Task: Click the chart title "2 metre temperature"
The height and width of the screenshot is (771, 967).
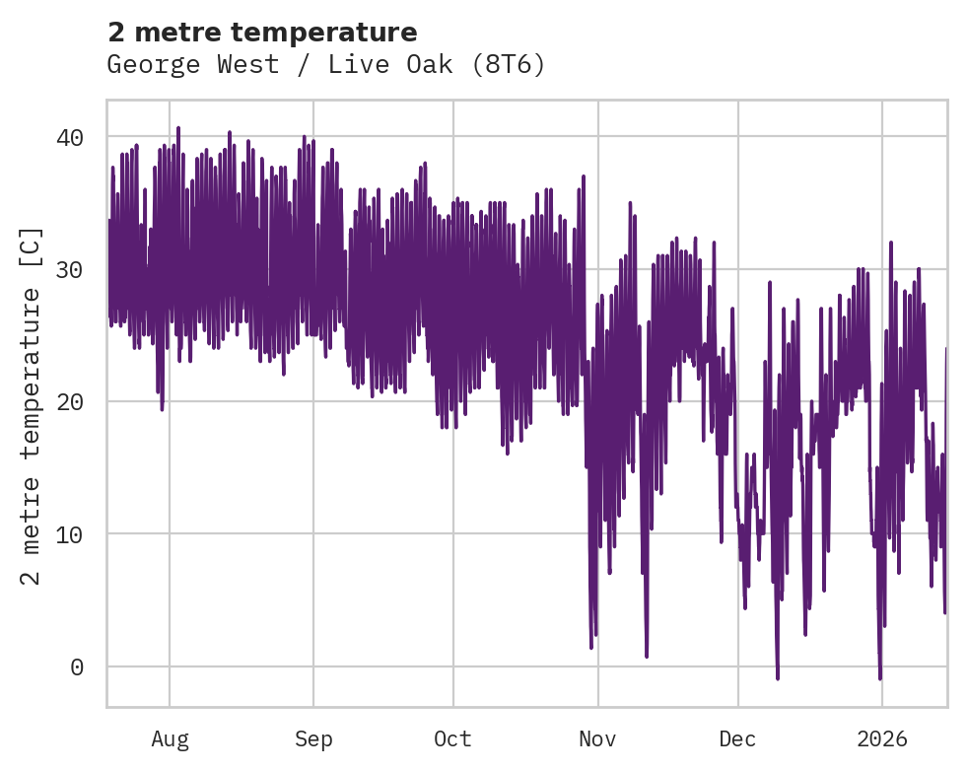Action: (x=262, y=33)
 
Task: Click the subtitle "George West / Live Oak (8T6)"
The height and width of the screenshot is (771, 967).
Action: (x=326, y=65)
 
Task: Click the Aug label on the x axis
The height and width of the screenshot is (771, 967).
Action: (x=170, y=738)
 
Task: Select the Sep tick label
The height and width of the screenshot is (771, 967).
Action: (x=313, y=738)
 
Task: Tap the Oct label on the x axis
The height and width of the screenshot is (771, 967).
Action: (x=453, y=738)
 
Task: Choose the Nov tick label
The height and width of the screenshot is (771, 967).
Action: (x=597, y=738)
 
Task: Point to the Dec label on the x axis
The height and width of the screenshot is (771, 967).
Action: (x=737, y=738)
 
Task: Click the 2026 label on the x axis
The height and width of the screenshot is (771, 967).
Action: (x=881, y=738)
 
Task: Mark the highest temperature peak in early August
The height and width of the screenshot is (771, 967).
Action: (x=178, y=128)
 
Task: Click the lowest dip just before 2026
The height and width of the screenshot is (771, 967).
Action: (x=880, y=678)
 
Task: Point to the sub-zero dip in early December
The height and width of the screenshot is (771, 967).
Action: (x=778, y=677)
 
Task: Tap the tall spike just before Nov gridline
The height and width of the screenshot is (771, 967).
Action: (x=584, y=177)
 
